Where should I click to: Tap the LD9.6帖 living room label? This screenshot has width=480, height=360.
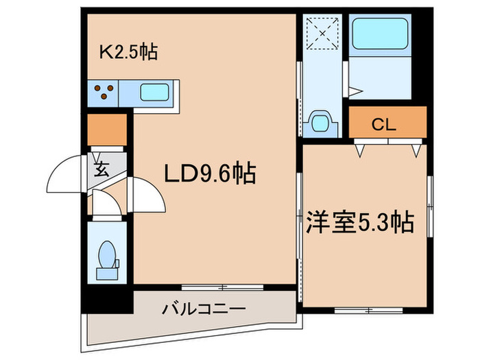coord(209,173)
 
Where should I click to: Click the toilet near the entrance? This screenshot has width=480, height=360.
coord(107,258)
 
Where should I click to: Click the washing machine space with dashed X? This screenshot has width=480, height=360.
coord(320,32)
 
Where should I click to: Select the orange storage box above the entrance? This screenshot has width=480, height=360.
coord(107,128)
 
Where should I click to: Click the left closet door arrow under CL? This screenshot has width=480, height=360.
coord(359,148)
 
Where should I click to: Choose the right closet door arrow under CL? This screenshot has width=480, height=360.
coord(417,148)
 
